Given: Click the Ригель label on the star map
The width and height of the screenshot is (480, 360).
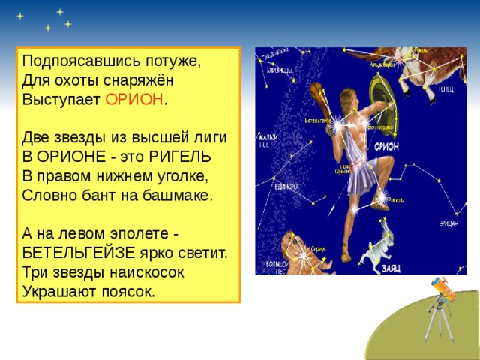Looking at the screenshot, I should click(397, 200).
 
